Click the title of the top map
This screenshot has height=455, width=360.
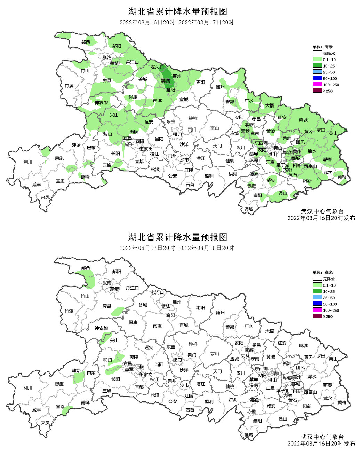tap(178, 11)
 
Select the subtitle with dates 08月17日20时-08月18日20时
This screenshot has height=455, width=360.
tap(176, 248)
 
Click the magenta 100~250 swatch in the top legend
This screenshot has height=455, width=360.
tap(317, 85)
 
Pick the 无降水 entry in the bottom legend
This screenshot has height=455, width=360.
tap(317, 279)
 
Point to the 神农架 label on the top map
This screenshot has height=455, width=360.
tap(101, 103)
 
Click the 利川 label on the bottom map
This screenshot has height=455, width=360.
tap(27, 387)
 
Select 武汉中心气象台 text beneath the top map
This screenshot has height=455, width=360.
tap(322, 211)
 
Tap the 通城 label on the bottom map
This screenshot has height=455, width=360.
tap(249, 434)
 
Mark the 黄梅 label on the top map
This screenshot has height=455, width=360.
tap(342, 177)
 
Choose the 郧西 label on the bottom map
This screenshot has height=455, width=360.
tap(86, 268)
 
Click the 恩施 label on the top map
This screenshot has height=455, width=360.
tap(59, 158)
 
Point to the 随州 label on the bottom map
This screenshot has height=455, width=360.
tap(220, 313)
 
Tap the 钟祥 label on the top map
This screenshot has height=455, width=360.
tap(193, 118)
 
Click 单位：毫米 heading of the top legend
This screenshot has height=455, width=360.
tap(322, 47)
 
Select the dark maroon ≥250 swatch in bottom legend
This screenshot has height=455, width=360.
tap(317, 316)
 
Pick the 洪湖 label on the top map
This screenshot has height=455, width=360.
tap(233, 174)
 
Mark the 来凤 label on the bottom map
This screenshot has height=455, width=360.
tap(45, 423)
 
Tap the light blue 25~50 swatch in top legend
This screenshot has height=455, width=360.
tap(317, 72)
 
